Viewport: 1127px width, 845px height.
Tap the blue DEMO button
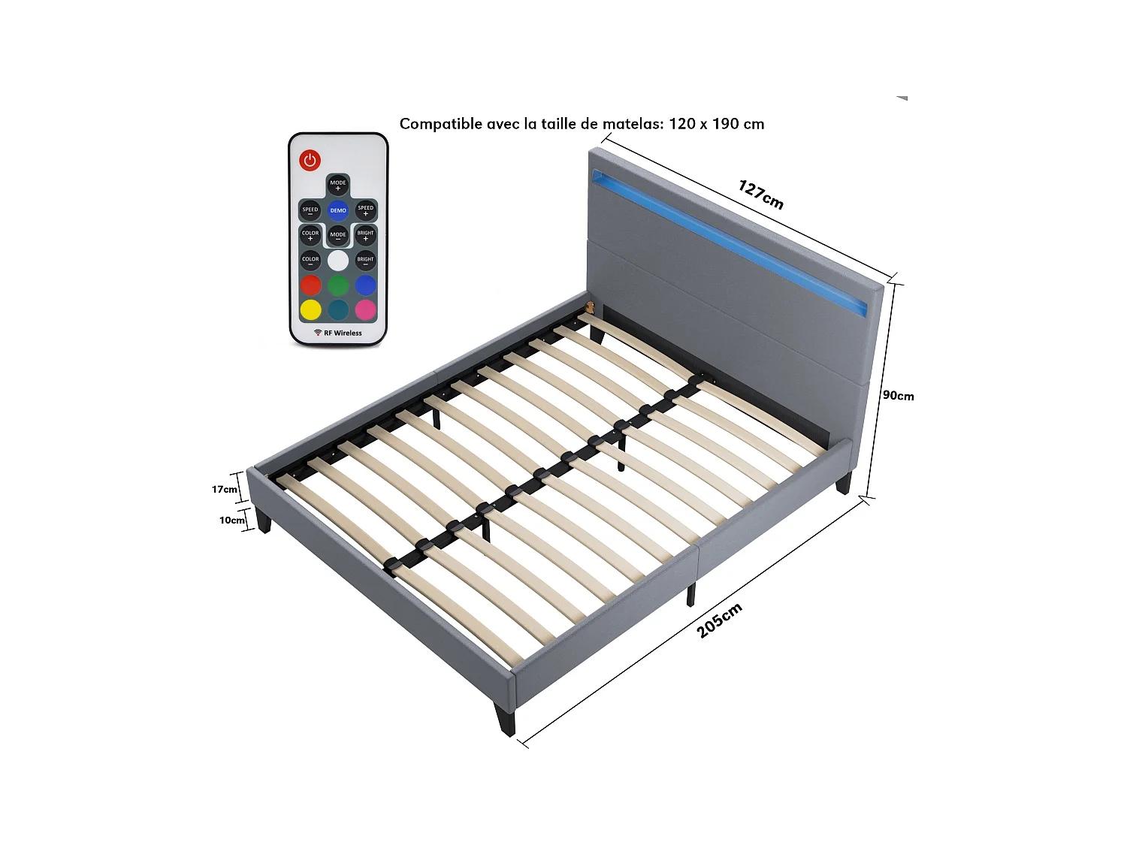click(x=338, y=210)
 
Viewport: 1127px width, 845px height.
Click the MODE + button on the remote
click(x=338, y=185)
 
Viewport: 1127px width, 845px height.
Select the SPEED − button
click(x=310, y=210)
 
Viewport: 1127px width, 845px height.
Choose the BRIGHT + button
click(x=365, y=235)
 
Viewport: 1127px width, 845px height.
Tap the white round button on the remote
click(x=338, y=261)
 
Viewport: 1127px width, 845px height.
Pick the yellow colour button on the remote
click(x=311, y=309)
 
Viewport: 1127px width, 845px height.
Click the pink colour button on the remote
click(x=365, y=309)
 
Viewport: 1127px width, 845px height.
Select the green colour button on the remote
click(x=338, y=285)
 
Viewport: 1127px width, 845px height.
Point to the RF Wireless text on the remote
click(x=339, y=333)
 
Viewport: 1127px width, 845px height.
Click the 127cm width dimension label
click(x=760, y=195)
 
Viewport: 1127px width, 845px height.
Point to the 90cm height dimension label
click(x=898, y=396)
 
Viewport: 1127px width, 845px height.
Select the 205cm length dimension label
click(x=719, y=620)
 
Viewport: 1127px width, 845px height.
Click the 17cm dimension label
click(x=224, y=490)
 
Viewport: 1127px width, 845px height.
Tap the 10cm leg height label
click(x=231, y=520)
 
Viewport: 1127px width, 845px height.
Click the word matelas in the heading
click(x=633, y=124)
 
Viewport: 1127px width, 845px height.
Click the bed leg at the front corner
click(x=505, y=717)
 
